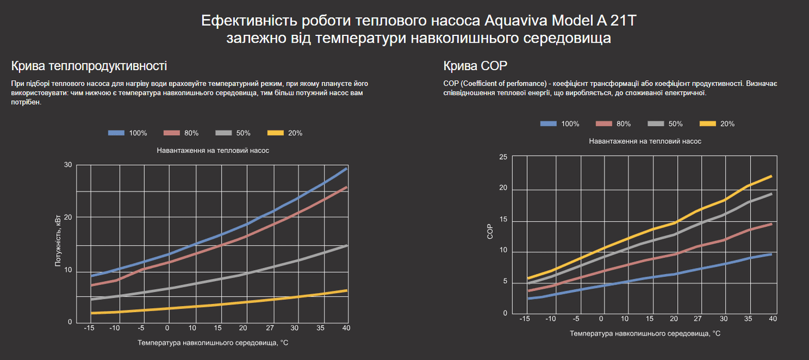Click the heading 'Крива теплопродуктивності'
[89, 66]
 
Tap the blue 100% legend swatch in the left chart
[116, 133]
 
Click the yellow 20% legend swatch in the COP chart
[708, 124]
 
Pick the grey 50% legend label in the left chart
[243, 133]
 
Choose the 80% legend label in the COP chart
[624, 124]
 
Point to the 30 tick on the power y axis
[68, 165]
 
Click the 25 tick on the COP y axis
[503, 157]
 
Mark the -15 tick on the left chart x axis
[89, 327]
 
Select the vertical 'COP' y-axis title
[490, 233]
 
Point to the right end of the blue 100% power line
[347, 168]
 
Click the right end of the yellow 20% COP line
[771, 176]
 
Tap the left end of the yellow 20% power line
[91, 313]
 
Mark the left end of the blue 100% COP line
[528, 298]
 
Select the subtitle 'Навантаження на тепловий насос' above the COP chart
[645, 141]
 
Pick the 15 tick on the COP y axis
[503, 220]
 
